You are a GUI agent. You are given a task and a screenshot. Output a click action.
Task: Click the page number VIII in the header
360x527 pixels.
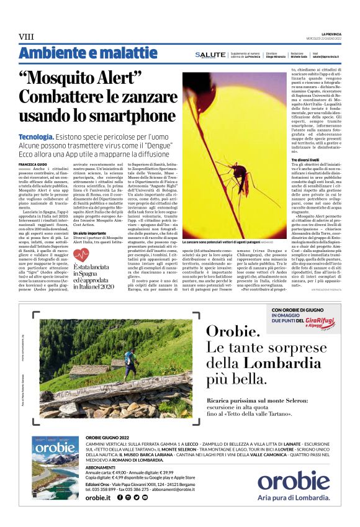coord(26,37)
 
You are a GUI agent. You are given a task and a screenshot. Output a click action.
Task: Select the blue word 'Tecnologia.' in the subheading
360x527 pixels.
coord(35,136)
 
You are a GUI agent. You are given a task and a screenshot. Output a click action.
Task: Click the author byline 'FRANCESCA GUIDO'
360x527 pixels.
coord(34,164)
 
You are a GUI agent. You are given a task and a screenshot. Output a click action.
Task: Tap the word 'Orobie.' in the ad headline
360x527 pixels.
coord(232,330)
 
